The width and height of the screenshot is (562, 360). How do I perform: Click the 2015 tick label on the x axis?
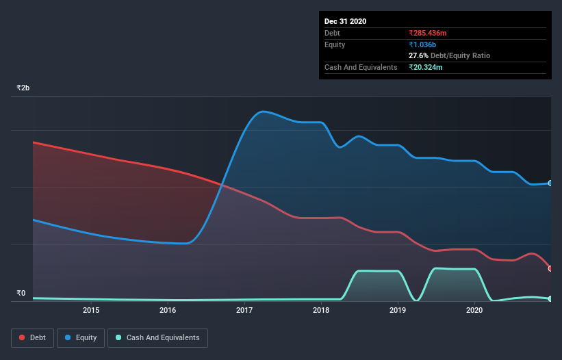coord(91,311)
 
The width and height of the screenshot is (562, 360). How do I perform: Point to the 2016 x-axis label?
coord(168,311)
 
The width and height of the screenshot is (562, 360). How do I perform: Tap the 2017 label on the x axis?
coord(244,311)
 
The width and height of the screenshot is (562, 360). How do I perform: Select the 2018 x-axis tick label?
coord(321,311)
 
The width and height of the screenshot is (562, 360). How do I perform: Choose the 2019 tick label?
coord(398,311)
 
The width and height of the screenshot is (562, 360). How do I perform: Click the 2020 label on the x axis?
coord(474,311)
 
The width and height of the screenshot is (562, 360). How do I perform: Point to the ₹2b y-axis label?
coord(23,88)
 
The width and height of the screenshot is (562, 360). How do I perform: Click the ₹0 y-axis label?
coord(21,294)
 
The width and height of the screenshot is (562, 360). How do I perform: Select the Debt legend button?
coord(31,337)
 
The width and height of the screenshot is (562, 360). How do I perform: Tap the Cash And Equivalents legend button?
coord(157,337)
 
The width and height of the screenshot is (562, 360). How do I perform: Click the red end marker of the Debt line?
coord(550,268)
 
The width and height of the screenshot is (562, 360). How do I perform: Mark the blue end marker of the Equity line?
coord(550,183)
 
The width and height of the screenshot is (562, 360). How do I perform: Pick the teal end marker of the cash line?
coord(550,299)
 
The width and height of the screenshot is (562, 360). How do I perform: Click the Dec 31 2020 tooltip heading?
coord(345,21)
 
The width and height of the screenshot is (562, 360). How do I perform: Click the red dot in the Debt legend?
coord(22,337)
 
